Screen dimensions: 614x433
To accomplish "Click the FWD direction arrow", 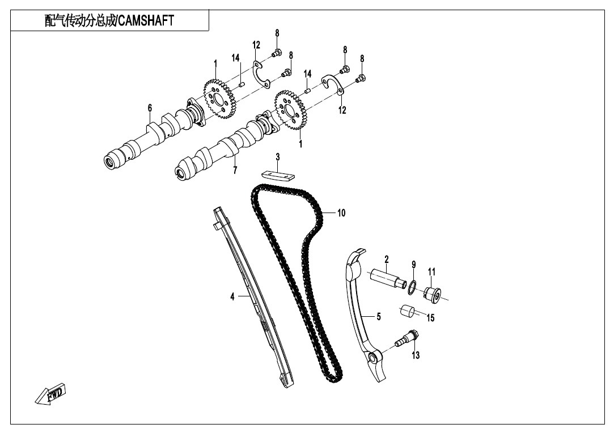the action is pos(50,393).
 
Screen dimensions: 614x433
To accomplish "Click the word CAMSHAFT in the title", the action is pos(146,21).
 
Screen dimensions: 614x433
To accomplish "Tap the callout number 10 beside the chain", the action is pos(341,213).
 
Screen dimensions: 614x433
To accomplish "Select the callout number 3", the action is pos(278,158).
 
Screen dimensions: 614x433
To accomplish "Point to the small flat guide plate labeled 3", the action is pos(278,175).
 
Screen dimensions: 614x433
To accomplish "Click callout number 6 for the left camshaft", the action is pos(150,108).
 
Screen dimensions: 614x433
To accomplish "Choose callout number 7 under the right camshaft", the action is pos(235,170).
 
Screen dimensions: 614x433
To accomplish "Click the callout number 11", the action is pos(431,271).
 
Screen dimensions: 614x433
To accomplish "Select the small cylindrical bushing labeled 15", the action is pos(407,311).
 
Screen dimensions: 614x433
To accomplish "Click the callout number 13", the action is pos(416,355).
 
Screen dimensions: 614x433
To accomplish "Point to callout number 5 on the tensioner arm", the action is pos(378,316).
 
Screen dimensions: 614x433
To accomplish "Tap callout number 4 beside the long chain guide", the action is pos(232,297).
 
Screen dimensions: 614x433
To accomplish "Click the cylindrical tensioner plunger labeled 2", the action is pos(388,278).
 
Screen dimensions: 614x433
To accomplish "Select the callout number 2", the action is pos(387,259).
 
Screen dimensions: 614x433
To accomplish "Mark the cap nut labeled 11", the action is pos(433,295).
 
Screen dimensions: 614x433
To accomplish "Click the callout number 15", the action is pos(430,318).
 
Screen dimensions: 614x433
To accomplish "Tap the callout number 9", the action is pos(413,265).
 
